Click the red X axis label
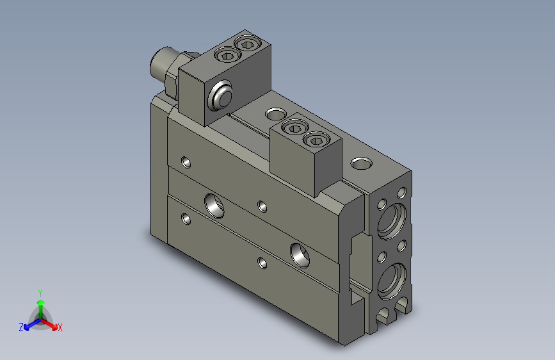click(60, 327)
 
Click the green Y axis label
click(40, 292)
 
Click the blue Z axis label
click(21, 327)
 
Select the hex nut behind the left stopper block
click(172, 79)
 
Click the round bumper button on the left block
click(221, 95)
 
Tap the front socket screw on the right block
click(294, 128)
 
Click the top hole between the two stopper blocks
click(275, 113)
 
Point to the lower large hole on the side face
click(300, 254)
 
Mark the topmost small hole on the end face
click(401, 192)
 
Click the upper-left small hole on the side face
click(186, 162)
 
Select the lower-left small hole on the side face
click(186, 219)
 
